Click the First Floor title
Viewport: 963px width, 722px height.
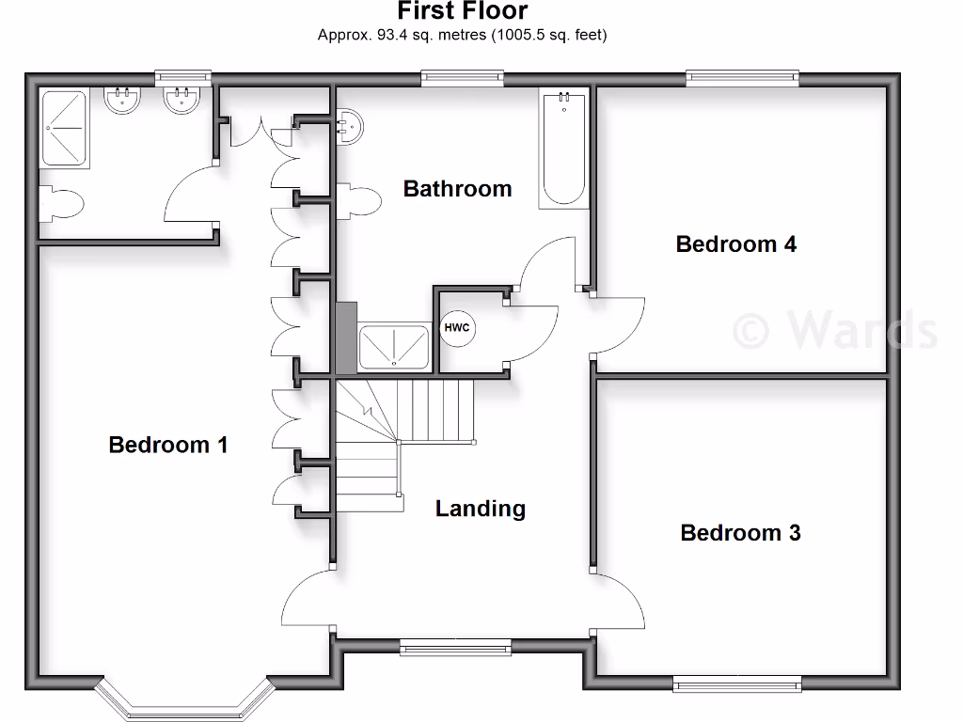click(462, 12)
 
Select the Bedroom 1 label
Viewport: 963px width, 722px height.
click(168, 445)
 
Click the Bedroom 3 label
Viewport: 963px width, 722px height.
click(740, 533)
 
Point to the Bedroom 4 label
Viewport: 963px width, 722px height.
click(735, 244)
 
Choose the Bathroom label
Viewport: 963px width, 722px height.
click(457, 189)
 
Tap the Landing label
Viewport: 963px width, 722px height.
click(480, 509)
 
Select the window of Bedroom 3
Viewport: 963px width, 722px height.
click(736, 683)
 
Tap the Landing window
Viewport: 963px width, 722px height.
click(455, 646)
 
